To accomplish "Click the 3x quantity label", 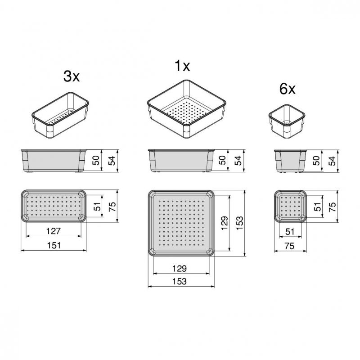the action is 72,76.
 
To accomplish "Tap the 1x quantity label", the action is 182,66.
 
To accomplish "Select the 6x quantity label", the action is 287,89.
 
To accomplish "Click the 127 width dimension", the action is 53,231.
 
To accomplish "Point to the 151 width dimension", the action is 54,245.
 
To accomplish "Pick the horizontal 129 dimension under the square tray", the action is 180,268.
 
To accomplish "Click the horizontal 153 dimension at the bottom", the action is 180,281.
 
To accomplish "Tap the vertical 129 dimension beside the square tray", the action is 224,223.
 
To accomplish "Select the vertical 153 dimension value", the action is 239,223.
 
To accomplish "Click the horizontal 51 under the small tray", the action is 290,232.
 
